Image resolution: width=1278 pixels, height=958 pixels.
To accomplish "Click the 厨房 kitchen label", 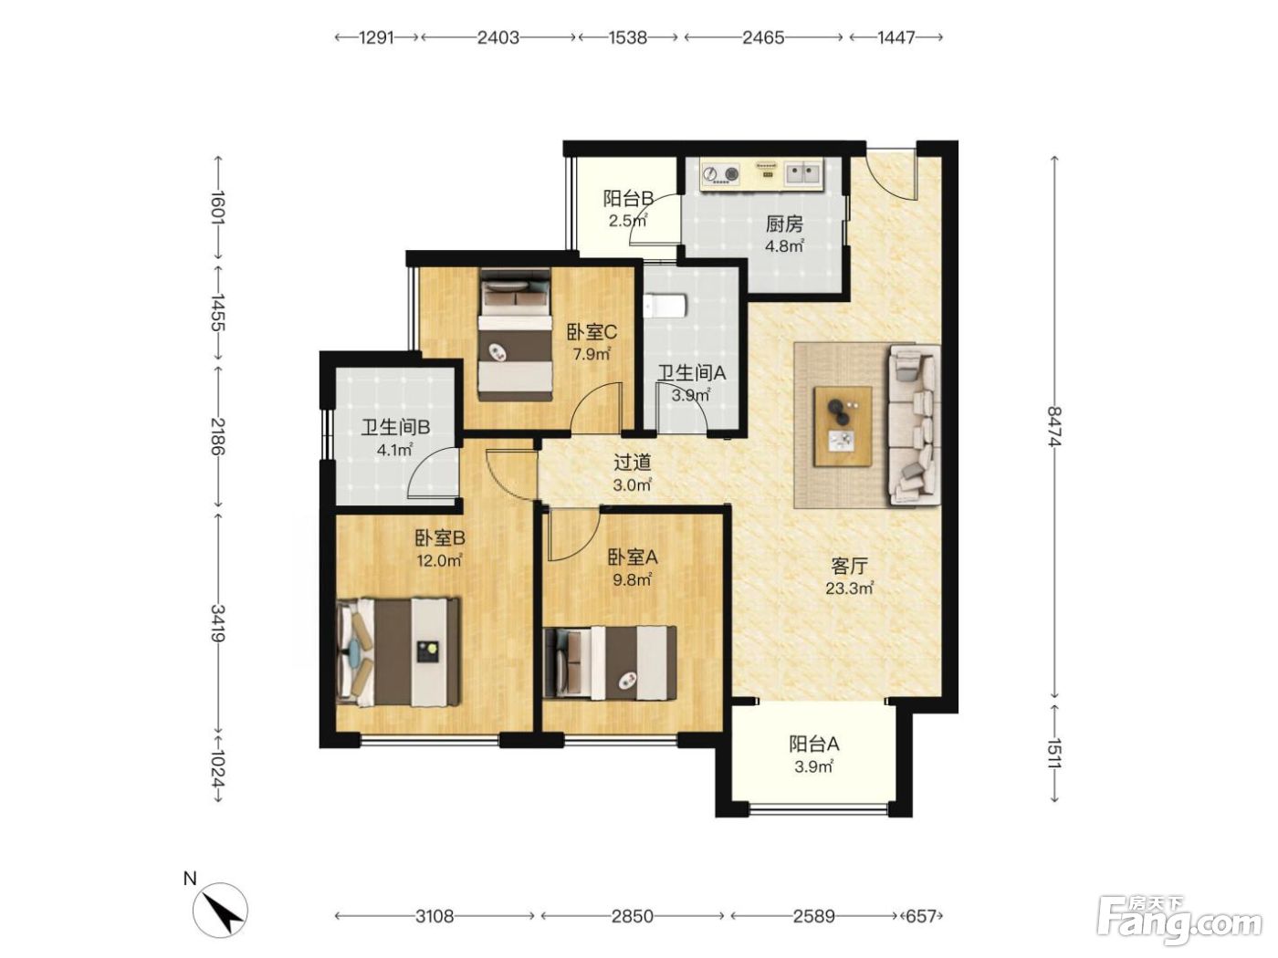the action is click(x=783, y=224).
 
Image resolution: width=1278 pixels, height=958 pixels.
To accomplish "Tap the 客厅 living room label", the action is click(x=850, y=566).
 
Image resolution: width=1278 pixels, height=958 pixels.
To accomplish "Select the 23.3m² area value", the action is click(x=850, y=588).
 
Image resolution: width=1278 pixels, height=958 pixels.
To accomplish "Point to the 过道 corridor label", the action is click(x=633, y=463).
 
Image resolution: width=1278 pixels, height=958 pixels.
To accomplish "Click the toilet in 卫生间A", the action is click(x=665, y=306).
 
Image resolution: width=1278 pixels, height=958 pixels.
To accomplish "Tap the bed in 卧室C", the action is click(x=515, y=335).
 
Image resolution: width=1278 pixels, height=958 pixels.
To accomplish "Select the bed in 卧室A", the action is click(x=610, y=663).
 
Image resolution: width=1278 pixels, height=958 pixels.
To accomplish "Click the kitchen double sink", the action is click(x=803, y=172).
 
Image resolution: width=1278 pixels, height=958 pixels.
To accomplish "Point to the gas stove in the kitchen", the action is click(x=720, y=173).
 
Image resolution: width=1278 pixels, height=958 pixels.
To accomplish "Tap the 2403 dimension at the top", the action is click(x=498, y=37).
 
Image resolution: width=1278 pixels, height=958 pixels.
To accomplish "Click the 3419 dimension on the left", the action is click(x=218, y=623).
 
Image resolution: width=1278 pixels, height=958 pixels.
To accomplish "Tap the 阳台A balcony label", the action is click(x=814, y=744).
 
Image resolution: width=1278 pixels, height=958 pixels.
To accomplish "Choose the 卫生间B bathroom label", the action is click(x=395, y=428).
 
